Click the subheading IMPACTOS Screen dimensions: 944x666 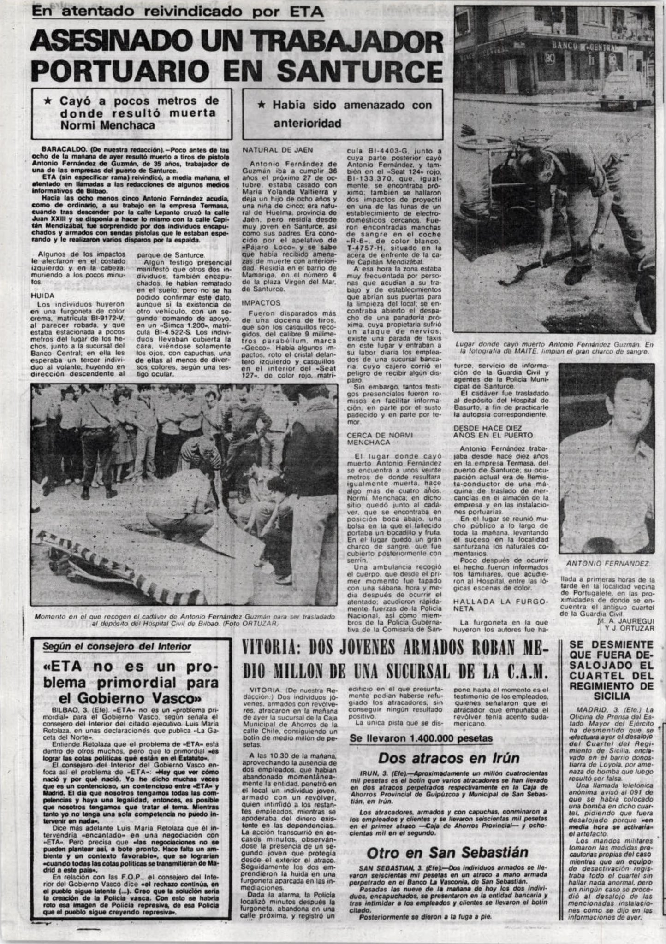[x=262, y=303]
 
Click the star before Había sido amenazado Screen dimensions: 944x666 [x=261, y=106]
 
